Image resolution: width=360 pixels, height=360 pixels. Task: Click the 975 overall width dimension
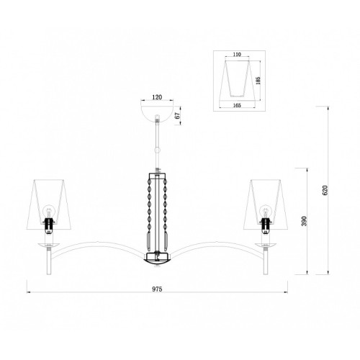[157, 289]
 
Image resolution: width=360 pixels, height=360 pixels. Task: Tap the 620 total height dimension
[325, 190]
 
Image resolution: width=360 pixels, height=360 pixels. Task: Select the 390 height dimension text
[304, 221]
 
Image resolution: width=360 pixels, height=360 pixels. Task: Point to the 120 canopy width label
[157, 97]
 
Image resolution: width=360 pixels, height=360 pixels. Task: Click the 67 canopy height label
[177, 116]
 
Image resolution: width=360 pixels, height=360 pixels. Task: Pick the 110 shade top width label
[237, 55]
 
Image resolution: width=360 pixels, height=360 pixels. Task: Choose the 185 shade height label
[258, 81]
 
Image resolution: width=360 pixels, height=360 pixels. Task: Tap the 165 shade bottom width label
[237, 105]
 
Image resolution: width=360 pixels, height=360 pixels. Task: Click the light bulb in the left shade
[49, 212]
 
